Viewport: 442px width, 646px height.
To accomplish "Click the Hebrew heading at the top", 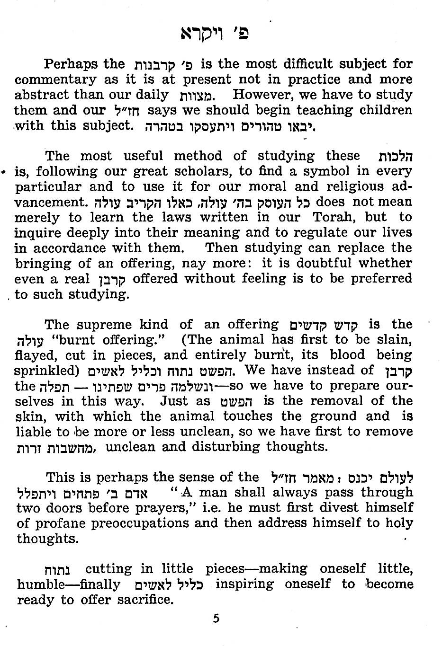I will coord(215,34).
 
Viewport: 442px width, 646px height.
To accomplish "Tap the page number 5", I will coord(216,618).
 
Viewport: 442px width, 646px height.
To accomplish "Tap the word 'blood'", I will coord(347,355).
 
